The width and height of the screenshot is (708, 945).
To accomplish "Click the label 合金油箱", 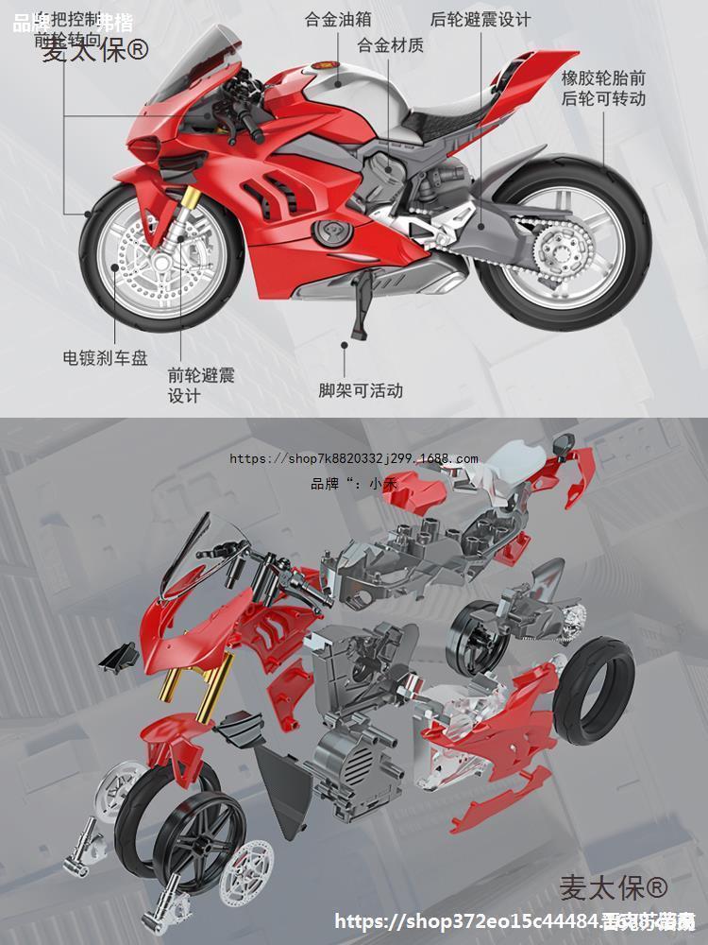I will (337, 18).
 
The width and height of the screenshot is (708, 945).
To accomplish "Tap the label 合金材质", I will (390, 44).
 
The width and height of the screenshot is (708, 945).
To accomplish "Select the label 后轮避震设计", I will (493, 19).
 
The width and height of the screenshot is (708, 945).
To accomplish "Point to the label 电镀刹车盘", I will (105, 358).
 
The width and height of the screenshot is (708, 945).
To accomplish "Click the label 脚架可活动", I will (360, 390).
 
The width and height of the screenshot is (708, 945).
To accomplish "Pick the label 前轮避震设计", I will (200, 385).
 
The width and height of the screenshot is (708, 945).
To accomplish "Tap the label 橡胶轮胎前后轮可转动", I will (603, 87).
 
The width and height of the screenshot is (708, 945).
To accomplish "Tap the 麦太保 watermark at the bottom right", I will (613, 889).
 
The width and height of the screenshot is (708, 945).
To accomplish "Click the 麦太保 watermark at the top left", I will (94, 49).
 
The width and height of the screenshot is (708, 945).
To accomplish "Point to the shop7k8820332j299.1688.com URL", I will (354, 459).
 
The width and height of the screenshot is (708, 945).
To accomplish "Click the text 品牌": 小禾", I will (354, 484).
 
